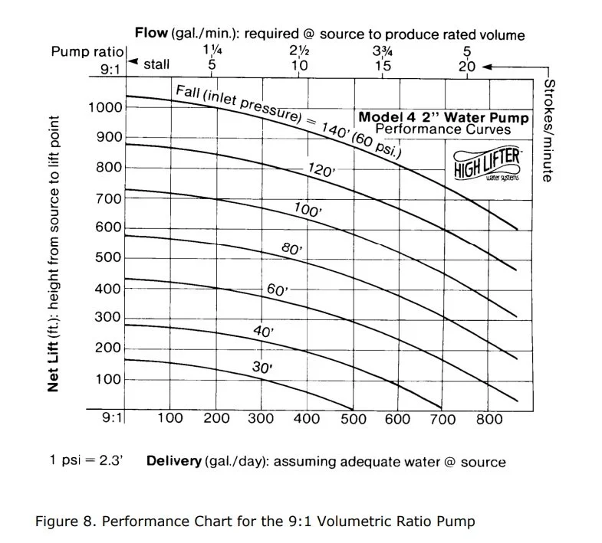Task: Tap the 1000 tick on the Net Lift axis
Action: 105,107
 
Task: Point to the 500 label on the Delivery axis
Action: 353,418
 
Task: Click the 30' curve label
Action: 262,368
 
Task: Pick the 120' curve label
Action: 320,170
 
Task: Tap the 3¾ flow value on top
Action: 382,51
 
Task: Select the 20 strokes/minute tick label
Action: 466,66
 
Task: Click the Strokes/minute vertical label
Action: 548,129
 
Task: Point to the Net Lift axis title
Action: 53,253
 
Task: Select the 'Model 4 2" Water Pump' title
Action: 442,118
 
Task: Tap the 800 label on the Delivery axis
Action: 489,418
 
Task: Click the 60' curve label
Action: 276,290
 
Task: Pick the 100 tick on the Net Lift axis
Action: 105,380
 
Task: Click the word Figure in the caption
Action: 57,522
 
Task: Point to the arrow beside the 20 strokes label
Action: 502,66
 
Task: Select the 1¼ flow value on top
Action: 212,51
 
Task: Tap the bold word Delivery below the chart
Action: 174,461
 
